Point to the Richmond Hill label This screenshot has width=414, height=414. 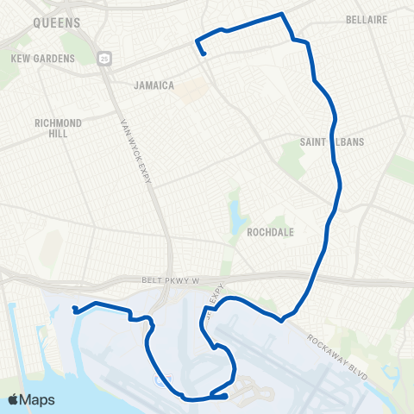pyautogui.click(x=58, y=129)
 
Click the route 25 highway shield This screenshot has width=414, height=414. pyautogui.click(x=103, y=58)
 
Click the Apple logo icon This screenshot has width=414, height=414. pyautogui.click(x=13, y=399)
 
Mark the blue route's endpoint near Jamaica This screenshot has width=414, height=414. pyautogui.click(x=204, y=55)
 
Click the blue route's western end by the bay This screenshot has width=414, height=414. pyautogui.click(x=75, y=310)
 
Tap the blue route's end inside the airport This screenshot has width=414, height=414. pyautogui.click(x=226, y=396)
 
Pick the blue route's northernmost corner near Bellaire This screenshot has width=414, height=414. pyautogui.click(x=282, y=14)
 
